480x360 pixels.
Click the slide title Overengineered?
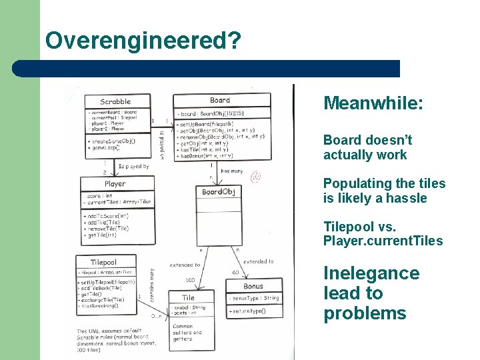click(143, 41)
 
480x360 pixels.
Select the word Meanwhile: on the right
click(373, 103)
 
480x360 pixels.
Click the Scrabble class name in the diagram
click(115, 102)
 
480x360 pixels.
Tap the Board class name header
click(220, 101)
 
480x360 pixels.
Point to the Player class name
click(115, 183)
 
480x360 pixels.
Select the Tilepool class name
click(103, 262)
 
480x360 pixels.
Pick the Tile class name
click(189, 297)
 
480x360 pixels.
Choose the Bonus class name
click(253, 286)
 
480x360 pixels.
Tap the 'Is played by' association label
click(134, 167)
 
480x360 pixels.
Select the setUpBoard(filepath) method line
click(209, 124)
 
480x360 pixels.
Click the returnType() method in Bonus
click(247, 311)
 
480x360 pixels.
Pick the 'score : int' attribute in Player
click(100, 196)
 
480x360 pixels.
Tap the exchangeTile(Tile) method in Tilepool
click(102, 299)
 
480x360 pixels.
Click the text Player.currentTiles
click(383, 241)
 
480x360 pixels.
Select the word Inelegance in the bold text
click(371, 273)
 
